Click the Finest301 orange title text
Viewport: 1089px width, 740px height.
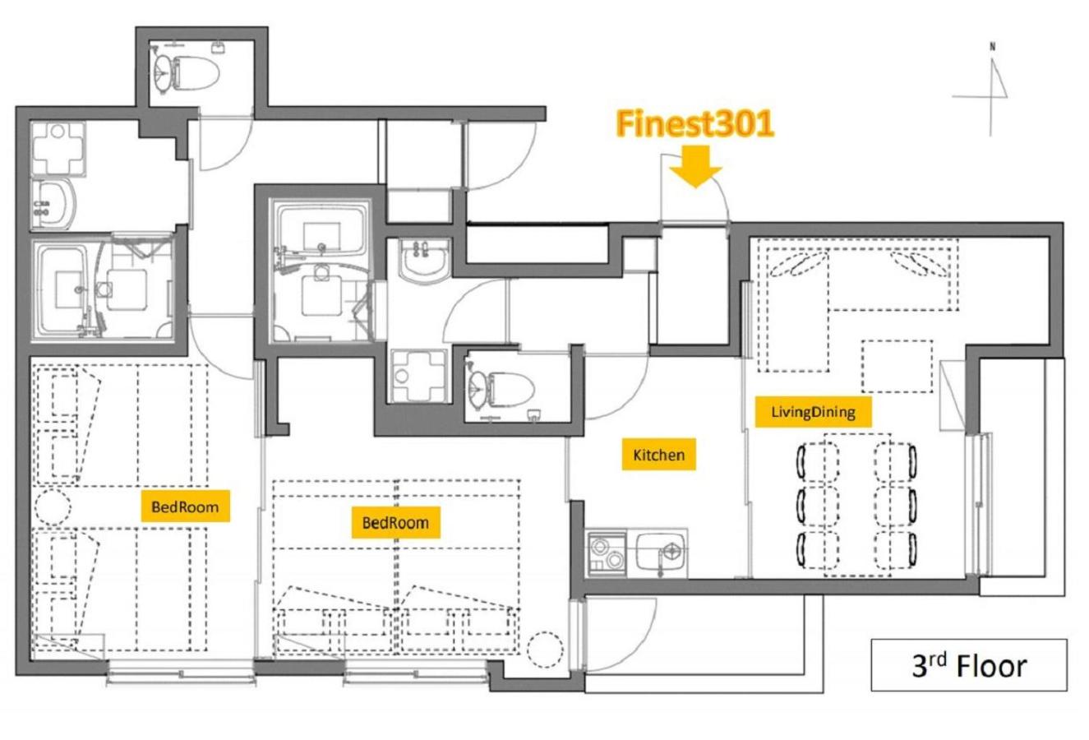click(694, 123)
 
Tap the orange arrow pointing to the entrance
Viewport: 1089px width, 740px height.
click(695, 166)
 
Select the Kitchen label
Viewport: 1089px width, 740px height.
click(659, 455)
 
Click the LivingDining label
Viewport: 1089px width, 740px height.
click(813, 412)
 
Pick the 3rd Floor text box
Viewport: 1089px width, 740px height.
click(969, 664)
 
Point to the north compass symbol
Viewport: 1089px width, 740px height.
click(987, 91)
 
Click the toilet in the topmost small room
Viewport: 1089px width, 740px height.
click(187, 73)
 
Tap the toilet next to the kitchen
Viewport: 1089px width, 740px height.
click(501, 388)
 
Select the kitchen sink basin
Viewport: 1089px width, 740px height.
click(661, 553)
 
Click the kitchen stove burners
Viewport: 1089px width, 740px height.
click(607, 554)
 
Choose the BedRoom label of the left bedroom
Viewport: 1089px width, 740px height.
click(185, 506)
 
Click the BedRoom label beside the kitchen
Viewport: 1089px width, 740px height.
click(395, 523)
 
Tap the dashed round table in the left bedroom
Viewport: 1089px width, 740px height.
click(51, 506)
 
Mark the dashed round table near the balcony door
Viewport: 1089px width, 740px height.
click(545, 650)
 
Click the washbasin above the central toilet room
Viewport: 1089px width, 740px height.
click(424, 260)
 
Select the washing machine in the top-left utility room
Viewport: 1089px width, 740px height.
click(58, 148)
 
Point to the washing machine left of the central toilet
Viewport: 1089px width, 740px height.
click(419, 376)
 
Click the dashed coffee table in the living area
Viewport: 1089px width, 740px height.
click(897, 366)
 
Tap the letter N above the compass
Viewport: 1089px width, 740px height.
click(992, 47)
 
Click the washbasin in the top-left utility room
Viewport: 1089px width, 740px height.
click(53, 204)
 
